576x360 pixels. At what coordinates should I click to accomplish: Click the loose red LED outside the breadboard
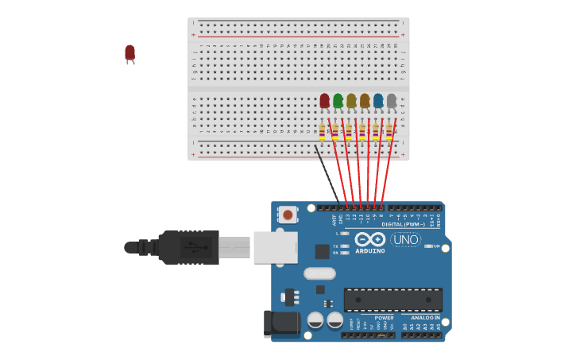(130, 53)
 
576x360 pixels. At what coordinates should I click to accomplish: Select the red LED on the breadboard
(324, 100)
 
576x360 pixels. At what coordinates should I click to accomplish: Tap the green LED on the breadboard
(338, 100)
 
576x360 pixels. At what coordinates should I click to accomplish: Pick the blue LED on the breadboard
(378, 100)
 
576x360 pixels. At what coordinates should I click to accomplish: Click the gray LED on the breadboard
(392, 100)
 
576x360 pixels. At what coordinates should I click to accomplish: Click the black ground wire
(327, 173)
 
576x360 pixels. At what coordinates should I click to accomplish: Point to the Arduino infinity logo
(369, 239)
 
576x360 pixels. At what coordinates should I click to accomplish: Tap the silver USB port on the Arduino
(275, 246)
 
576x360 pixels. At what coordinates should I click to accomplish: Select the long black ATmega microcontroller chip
(392, 300)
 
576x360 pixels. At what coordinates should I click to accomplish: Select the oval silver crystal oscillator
(319, 273)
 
